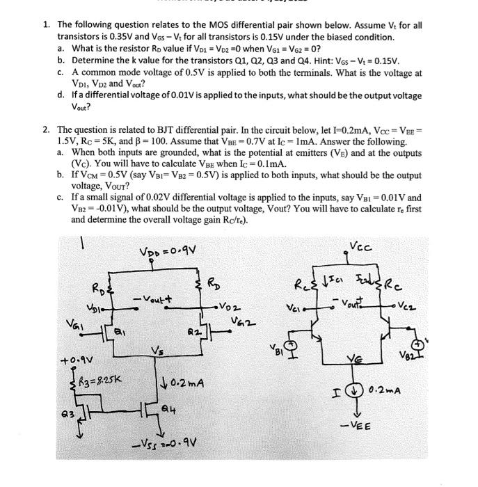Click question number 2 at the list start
click(x=46, y=129)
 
